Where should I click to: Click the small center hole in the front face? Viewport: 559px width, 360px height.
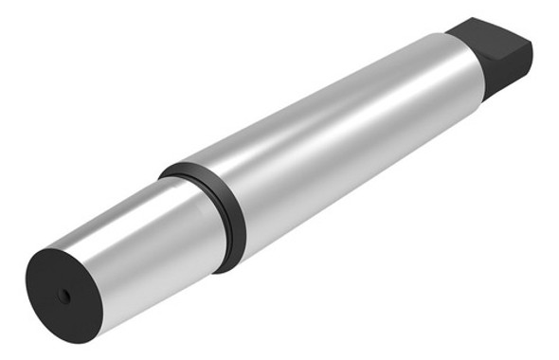pyautogui.click(x=63, y=297)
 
